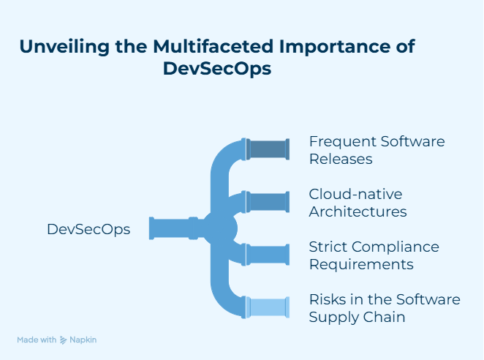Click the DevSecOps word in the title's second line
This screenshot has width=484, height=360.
[x=217, y=70]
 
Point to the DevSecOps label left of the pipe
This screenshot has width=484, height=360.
[x=88, y=229]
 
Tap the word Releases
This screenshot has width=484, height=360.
[x=341, y=159]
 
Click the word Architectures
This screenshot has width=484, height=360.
[x=358, y=212]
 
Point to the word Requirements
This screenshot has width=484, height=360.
[x=361, y=264]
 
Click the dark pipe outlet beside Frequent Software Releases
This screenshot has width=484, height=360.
[x=268, y=149]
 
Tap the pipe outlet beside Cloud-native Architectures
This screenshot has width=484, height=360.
[x=268, y=202]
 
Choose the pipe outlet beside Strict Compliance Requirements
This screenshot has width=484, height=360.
[x=268, y=255]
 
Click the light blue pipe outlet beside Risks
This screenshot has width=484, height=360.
[x=268, y=307]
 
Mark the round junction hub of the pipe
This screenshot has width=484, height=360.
[x=220, y=228]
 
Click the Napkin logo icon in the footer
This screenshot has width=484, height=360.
[x=64, y=340]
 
